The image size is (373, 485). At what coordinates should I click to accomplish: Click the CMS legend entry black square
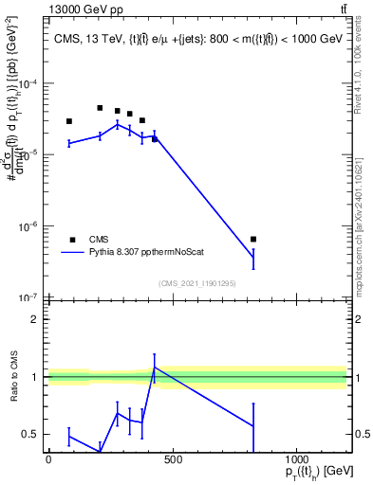point(72,240)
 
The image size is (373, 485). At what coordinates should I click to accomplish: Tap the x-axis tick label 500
point(172,460)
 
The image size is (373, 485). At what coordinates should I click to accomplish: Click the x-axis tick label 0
point(48,460)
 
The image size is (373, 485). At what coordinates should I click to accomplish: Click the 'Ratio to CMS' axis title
point(12,377)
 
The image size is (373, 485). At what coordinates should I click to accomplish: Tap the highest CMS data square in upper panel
point(100,108)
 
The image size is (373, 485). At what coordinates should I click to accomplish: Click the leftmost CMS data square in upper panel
point(69,121)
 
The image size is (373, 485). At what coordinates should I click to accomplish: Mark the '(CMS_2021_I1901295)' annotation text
point(196,283)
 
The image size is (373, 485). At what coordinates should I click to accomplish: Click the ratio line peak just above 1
point(155,368)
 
